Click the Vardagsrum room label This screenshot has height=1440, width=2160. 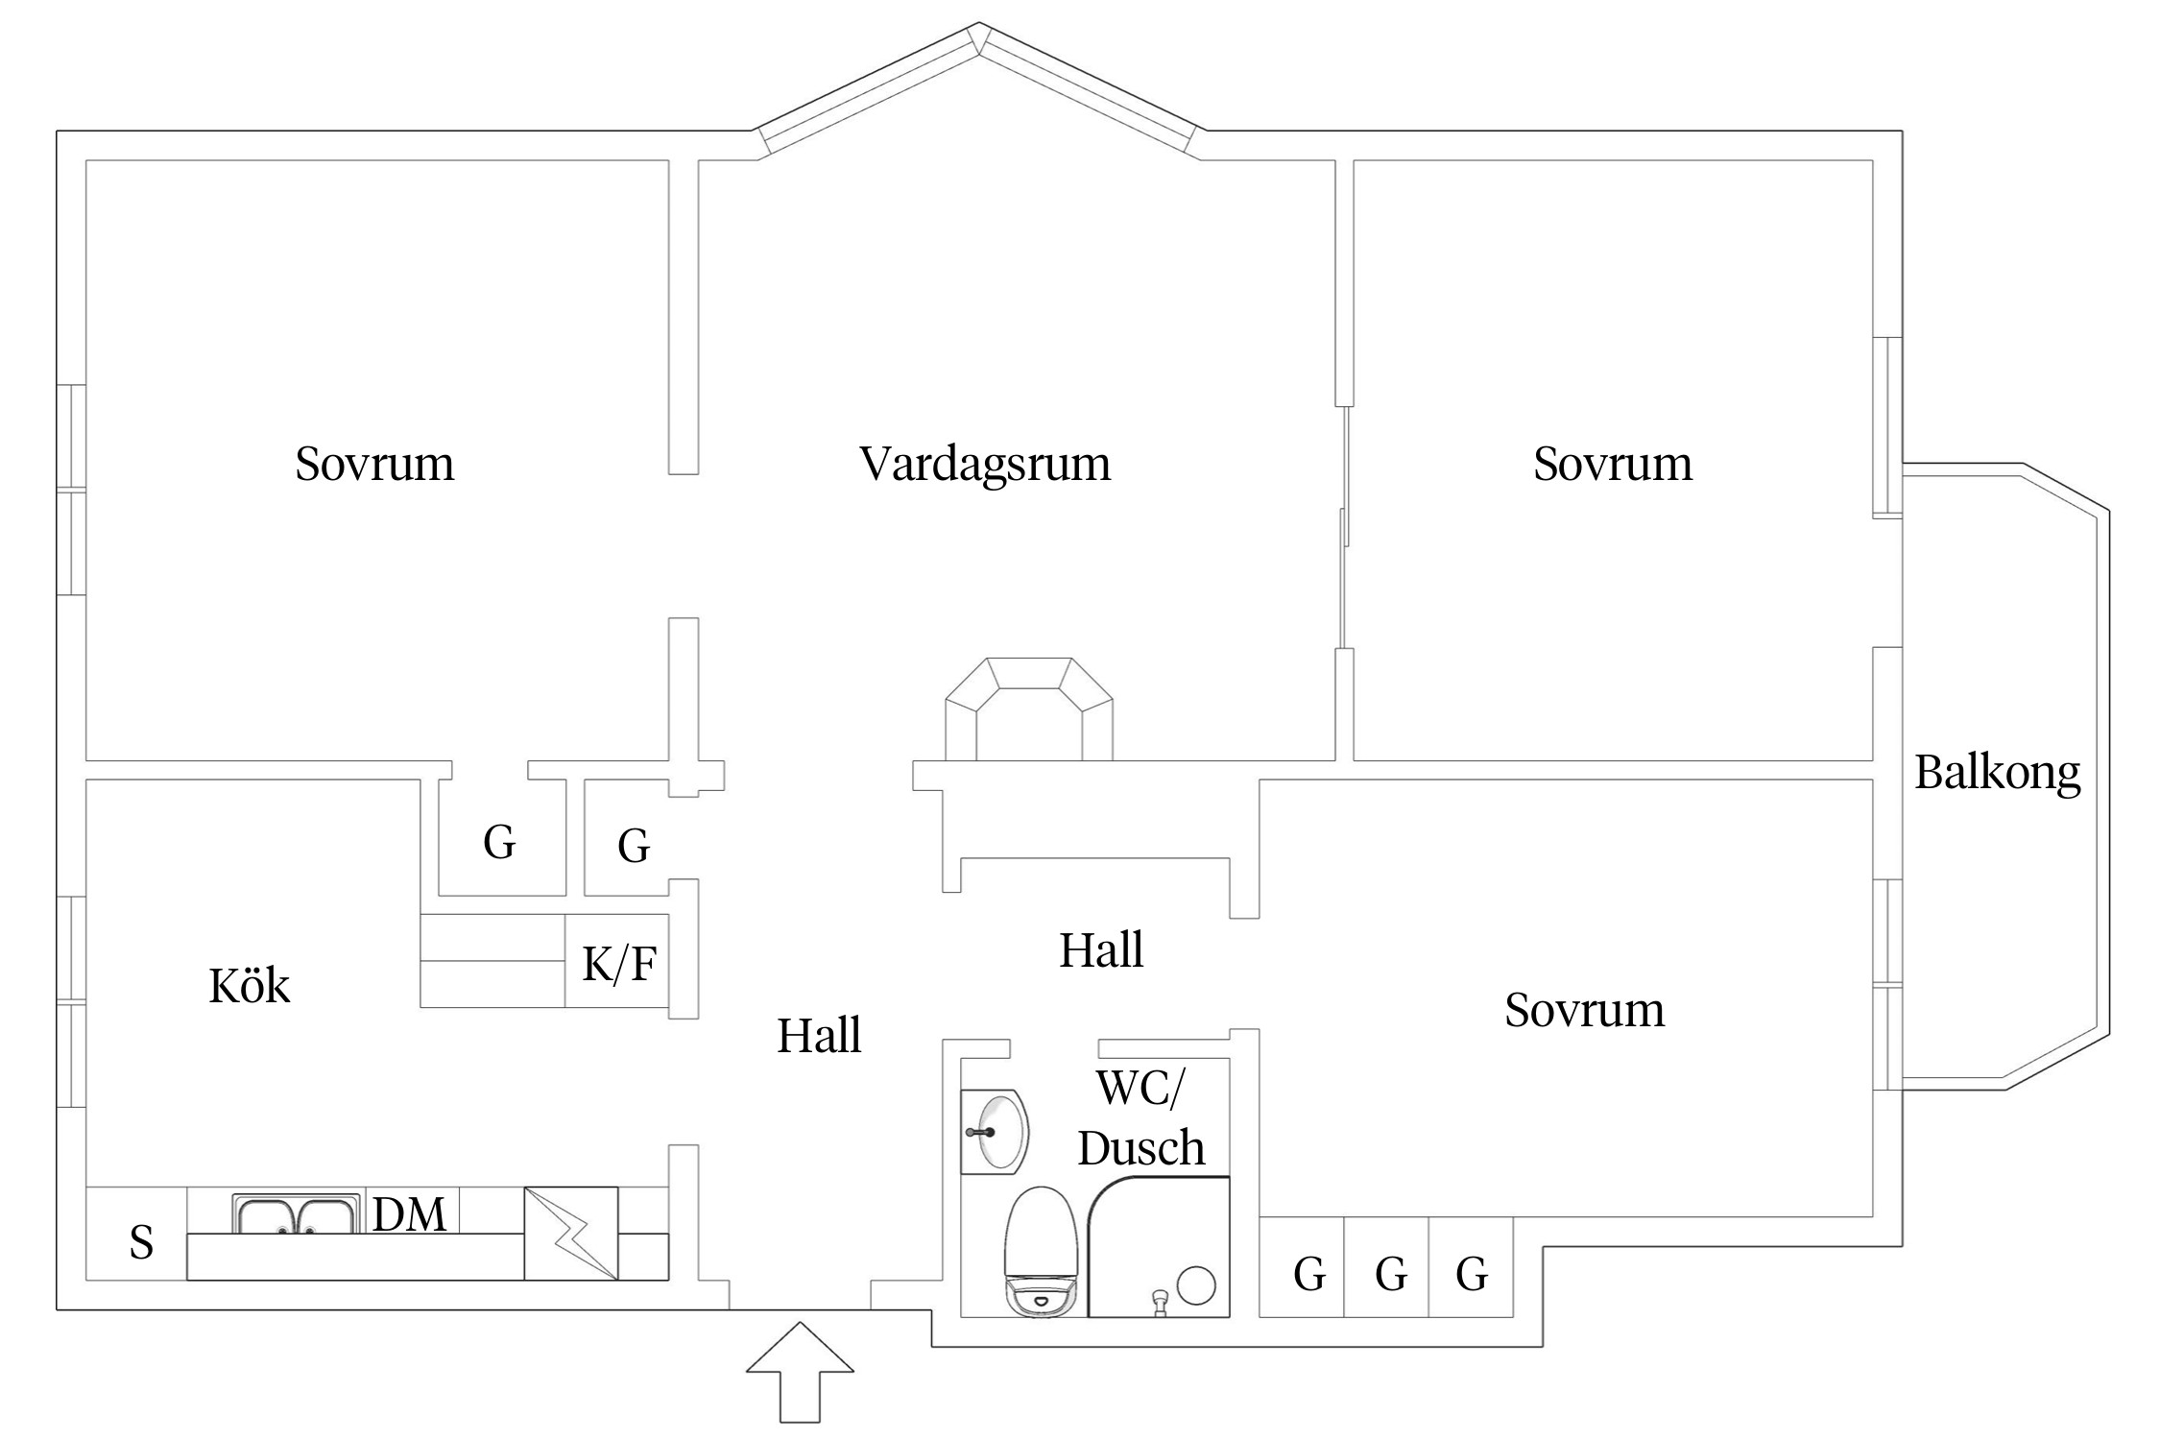(985, 465)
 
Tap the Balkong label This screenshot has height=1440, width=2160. (1997, 773)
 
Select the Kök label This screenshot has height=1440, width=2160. (249, 986)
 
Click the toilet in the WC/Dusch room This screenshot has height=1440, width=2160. (1040, 1252)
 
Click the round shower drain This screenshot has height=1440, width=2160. (1196, 1285)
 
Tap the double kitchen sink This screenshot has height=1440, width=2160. (296, 1214)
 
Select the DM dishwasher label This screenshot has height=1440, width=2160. (409, 1215)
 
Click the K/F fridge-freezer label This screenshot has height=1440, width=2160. (619, 964)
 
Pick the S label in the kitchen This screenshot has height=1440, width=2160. (141, 1243)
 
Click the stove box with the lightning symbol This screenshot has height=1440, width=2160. (570, 1233)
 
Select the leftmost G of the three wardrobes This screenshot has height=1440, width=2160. (1309, 1275)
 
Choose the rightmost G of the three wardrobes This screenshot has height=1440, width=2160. (1472, 1275)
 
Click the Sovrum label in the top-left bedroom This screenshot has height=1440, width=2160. (374, 465)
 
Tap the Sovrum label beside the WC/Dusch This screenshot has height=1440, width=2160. (1584, 1010)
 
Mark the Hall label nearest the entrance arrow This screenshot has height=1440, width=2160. (819, 1036)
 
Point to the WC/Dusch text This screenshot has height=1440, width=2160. (1140, 1118)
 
